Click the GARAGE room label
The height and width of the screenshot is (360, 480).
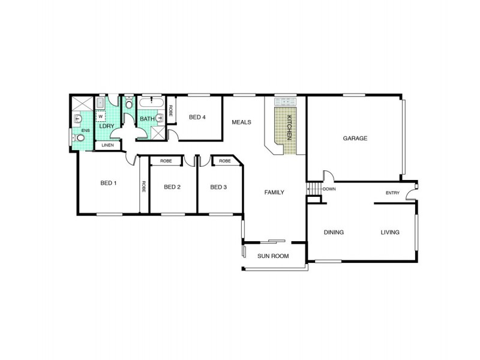355,138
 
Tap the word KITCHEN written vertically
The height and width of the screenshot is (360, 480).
289,127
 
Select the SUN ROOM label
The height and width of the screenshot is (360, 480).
273,256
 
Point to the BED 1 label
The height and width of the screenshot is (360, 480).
109,183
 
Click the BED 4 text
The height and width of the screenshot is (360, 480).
197,117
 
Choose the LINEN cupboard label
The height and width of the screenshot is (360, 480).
107,145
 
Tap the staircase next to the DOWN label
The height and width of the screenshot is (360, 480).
314,189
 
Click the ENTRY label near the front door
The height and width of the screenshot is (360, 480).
392,193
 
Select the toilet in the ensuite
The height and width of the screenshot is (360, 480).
80,137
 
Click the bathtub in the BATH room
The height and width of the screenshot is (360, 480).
152,103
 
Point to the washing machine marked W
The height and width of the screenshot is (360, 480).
101,117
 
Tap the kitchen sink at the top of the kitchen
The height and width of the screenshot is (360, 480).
284,101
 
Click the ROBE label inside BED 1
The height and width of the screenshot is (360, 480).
144,186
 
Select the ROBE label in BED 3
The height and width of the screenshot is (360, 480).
225,161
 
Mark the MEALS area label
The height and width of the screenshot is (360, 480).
241,122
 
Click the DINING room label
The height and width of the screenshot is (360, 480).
334,232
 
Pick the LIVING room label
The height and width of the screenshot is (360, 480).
389,232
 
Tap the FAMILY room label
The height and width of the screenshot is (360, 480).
274,192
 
